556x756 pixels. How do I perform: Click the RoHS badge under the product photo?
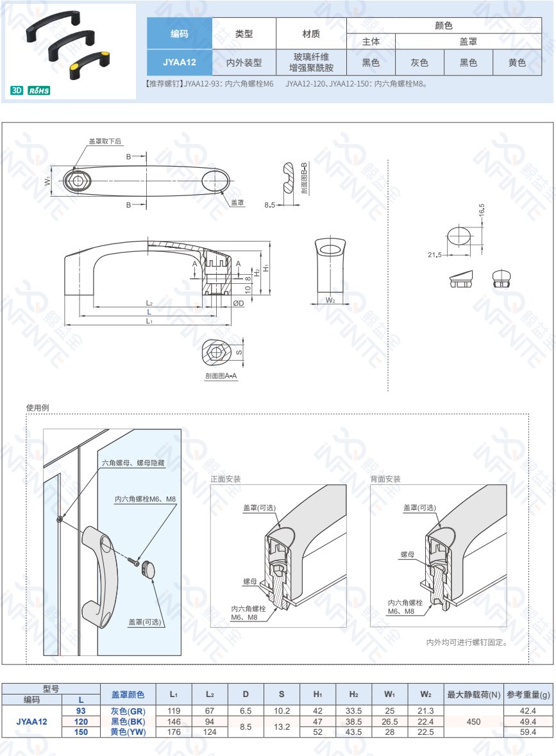click(39, 90)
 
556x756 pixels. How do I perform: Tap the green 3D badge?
click(17, 90)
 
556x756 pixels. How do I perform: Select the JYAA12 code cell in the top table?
click(180, 62)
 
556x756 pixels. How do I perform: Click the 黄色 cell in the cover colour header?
click(517, 63)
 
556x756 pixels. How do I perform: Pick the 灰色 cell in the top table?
click(419, 63)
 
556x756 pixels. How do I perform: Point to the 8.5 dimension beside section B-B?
click(269, 205)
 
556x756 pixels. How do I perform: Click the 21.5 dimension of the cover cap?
click(434, 255)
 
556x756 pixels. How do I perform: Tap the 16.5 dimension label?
click(482, 210)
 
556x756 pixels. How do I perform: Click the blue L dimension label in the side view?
click(149, 312)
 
